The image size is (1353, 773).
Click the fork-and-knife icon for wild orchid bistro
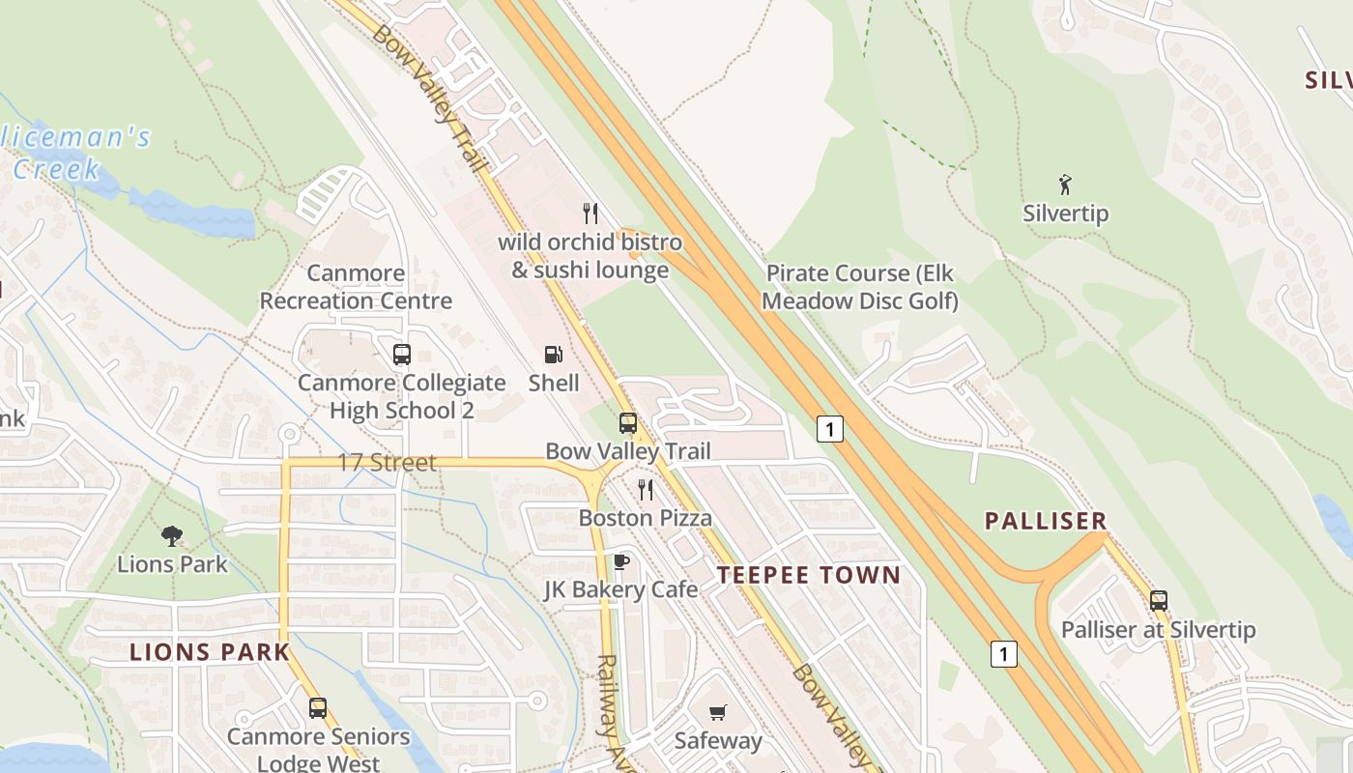point(590,213)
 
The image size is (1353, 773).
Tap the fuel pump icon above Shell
point(553,355)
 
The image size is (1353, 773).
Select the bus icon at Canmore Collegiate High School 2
point(401,355)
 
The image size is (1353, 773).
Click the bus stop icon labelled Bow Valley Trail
point(628,423)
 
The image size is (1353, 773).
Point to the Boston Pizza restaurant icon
point(646,490)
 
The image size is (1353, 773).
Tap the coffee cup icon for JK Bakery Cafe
point(620,561)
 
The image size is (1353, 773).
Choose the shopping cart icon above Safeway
point(717,713)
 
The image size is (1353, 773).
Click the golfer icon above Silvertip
point(1065,185)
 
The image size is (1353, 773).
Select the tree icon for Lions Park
point(172,535)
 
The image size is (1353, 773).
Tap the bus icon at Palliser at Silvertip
point(1159,601)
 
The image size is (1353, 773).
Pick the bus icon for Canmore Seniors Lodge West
point(318,708)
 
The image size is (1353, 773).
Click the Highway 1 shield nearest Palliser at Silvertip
point(1003,654)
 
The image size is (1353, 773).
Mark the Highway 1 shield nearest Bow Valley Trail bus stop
point(829,428)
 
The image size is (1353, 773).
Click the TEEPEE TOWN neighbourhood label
point(809,575)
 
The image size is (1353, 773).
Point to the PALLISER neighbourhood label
point(1046,521)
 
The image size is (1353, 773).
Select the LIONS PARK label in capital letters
point(210,652)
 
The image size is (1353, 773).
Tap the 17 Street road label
point(387,463)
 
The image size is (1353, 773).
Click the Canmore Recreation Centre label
point(356,287)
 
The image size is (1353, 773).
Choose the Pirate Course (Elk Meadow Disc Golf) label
point(860,287)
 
